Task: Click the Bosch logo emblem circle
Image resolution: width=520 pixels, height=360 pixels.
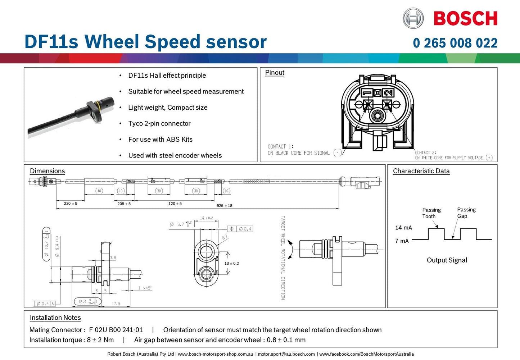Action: [x=413, y=18]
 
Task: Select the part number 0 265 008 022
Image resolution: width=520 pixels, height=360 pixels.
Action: [x=455, y=43]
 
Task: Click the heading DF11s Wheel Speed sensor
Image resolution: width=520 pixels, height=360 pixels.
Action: [x=145, y=42]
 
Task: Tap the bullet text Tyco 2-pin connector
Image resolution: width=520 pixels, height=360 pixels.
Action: [x=159, y=123]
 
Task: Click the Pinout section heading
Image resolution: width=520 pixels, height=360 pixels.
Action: [x=275, y=73]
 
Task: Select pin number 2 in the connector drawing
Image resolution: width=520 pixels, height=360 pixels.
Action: [x=388, y=93]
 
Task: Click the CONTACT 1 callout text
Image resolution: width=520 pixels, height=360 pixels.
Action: [x=280, y=147]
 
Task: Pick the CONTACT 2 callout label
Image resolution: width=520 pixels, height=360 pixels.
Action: [x=425, y=152]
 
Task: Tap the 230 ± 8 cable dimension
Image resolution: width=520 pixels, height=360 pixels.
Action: [x=71, y=204]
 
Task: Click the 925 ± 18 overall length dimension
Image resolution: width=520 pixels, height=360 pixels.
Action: [x=224, y=206]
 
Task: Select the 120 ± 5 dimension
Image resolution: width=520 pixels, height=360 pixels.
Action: [x=175, y=204]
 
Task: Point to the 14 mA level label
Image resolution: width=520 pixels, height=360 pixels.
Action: [x=403, y=228]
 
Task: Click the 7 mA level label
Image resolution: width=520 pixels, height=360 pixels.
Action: [x=402, y=241]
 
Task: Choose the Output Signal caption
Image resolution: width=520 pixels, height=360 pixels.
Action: [x=447, y=260]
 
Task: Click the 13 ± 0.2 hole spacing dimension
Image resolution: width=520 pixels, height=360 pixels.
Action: [x=231, y=264]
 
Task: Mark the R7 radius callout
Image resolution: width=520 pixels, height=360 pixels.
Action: [x=225, y=238]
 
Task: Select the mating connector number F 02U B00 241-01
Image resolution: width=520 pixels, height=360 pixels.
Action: [x=116, y=330]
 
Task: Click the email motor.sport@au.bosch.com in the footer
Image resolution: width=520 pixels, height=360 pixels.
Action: [x=286, y=354]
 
